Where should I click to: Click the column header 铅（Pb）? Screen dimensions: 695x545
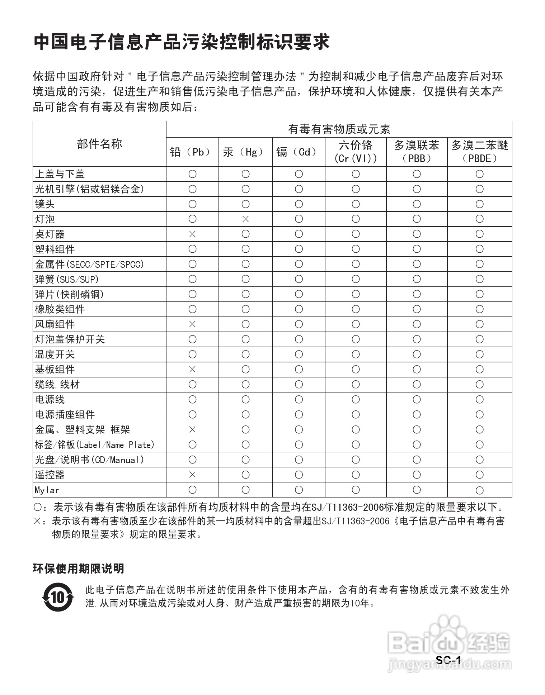point(192,152)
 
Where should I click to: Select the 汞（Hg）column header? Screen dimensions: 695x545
point(245,152)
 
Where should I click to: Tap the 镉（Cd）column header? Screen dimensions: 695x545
point(299,152)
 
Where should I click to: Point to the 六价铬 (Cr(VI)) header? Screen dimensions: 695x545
point(356,152)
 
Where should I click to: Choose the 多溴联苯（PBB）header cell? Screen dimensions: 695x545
point(417,152)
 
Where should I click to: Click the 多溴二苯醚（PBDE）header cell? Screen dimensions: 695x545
point(479,152)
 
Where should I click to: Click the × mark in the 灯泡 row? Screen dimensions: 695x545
point(245,219)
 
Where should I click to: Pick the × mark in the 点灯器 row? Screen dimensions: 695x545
point(192,234)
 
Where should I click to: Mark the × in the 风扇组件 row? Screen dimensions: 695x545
point(192,324)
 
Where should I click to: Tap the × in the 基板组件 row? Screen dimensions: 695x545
point(192,369)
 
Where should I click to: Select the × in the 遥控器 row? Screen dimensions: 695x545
point(192,475)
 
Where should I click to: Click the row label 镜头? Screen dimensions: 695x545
point(45,204)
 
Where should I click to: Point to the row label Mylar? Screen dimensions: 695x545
point(47,490)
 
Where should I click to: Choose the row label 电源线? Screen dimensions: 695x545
point(50,399)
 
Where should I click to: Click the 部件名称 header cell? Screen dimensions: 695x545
point(99,144)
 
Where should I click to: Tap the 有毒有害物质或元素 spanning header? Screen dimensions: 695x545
point(339,129)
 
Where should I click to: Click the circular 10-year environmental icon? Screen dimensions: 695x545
point(58,597)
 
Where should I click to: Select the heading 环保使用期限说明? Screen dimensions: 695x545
point(79,568)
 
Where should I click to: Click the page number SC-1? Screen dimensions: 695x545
point(448,660)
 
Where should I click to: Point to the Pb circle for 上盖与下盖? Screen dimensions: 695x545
point(192,174)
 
